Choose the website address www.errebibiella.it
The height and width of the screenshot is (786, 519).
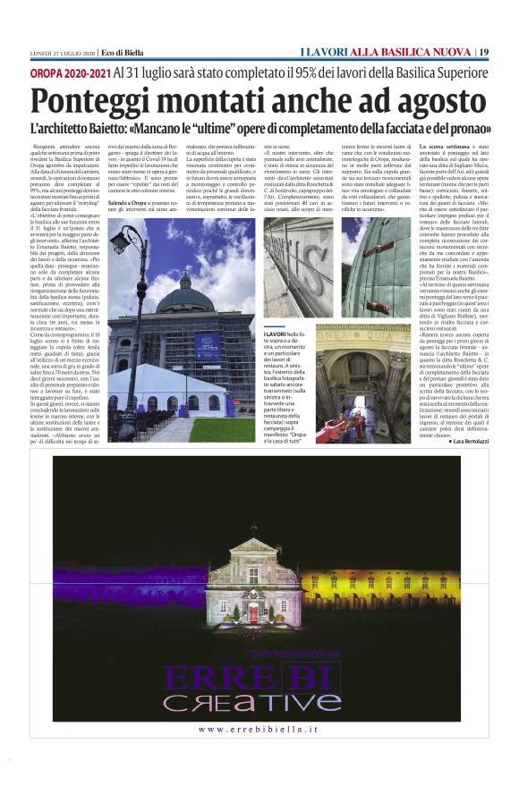(259, 731)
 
